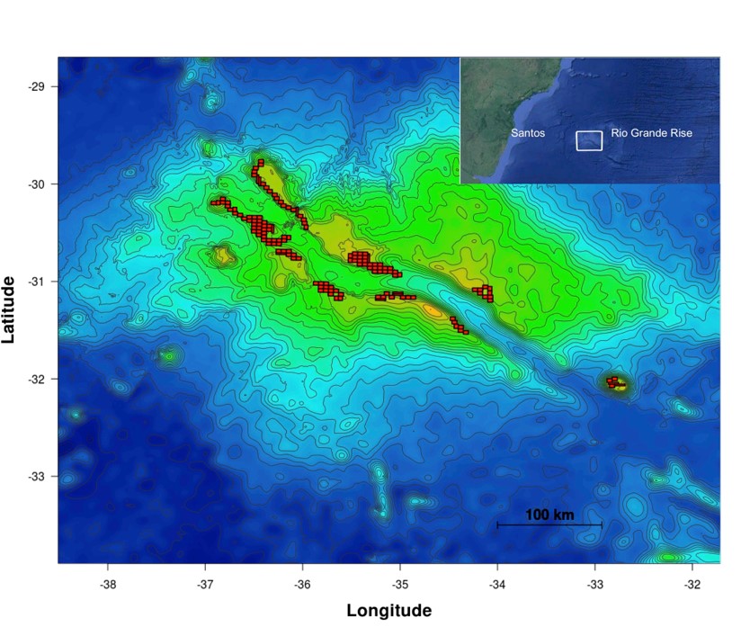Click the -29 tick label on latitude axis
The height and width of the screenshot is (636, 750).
click(x=38, y=87)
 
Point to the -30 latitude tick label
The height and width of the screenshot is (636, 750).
click(x=38, y=184)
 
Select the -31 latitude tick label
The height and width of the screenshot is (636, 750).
click(x=38, y=282)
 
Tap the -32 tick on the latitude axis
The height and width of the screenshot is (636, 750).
click(x=38, y=379)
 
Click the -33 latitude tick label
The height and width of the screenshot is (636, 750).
click(x=38, y=476)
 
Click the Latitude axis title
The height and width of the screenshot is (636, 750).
click(x=10, y=309)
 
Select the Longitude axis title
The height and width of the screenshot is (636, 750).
click(x=389, y=611)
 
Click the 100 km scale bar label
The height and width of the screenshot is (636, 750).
click(x=549, y=515)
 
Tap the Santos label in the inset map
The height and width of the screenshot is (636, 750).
click(x=527, y=133)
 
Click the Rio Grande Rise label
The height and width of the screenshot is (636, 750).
click(x=651, y=133)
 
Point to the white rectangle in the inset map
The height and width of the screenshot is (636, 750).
click(x=589, y=140)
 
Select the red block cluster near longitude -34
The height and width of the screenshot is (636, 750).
click(x=485, y=292)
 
